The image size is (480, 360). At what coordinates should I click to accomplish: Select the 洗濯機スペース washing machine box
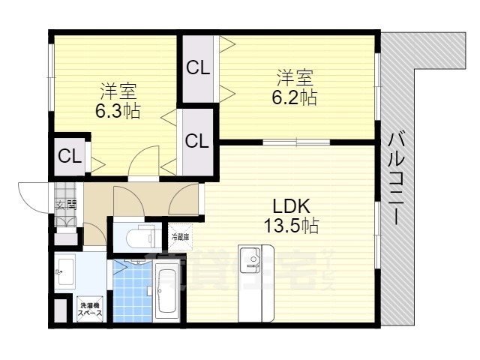click(x=94, y=308)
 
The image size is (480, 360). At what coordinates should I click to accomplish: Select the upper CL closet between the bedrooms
click(x=198, y=68)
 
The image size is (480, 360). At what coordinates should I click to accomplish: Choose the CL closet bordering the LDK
click(x=197, y=140)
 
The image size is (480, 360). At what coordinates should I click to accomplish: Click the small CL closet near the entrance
click(x=70, y=156)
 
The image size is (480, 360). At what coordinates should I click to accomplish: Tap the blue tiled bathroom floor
click(x=132, y=292)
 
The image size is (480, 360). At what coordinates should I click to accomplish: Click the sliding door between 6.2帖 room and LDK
click(x=296, y=141)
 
